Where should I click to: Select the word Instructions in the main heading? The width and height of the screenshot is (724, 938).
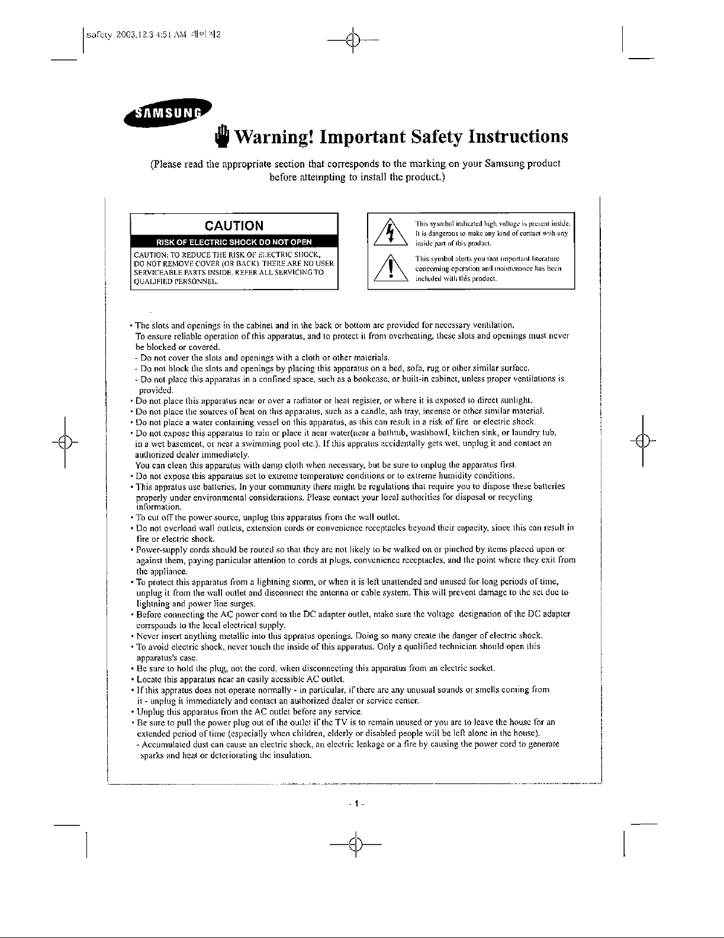pos(518,137)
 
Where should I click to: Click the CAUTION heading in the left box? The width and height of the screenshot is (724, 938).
pos(234,225)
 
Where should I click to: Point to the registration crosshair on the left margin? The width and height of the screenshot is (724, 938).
pos(65,442)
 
